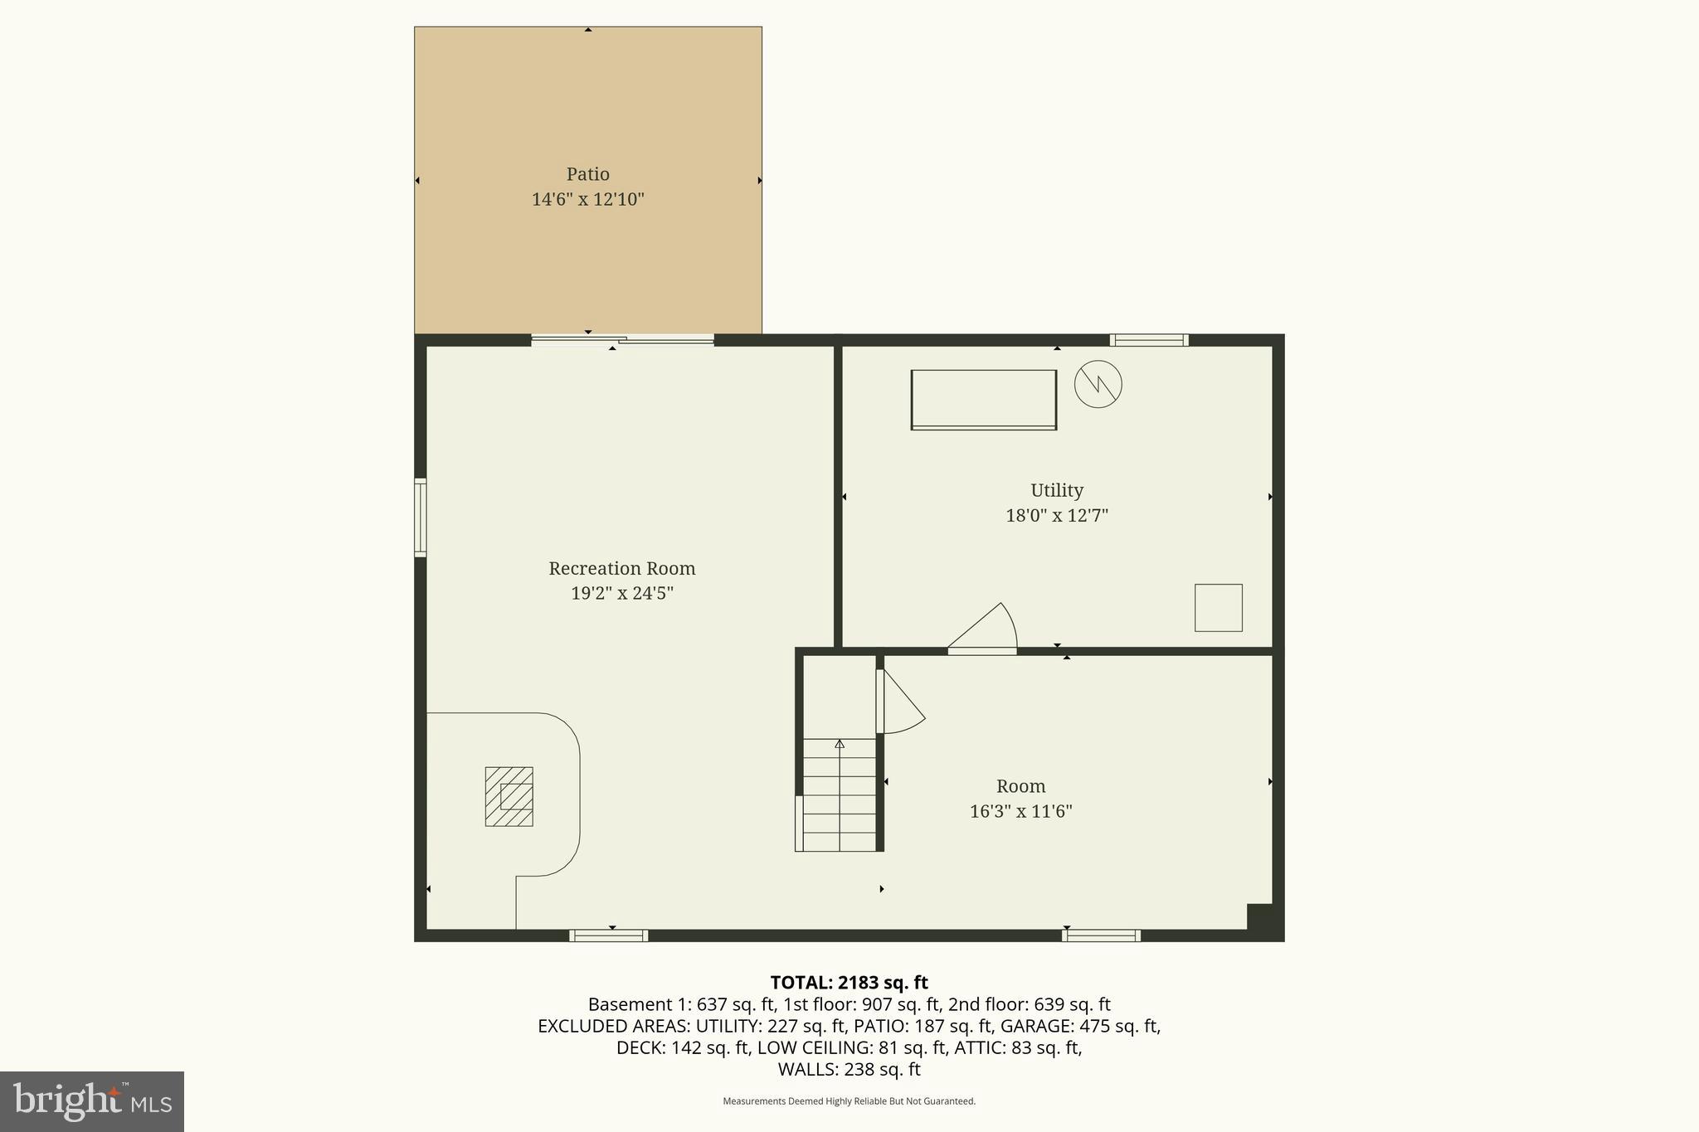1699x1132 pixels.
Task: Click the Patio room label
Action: click(x=587, y=174)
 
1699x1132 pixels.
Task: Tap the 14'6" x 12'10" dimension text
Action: click(x=587, y=199)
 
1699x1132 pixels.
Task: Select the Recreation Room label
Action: click(x=621, y=568)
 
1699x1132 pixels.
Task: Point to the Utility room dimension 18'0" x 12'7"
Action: click(x=1056, y=515)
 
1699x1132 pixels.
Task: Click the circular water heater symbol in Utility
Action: click(x=1098, y=384)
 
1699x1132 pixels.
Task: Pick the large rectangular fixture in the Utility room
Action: click(x=983, y=400)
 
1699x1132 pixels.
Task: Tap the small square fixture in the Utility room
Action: click(x=1218, y=608)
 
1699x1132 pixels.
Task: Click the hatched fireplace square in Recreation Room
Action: click(x=509, y=796)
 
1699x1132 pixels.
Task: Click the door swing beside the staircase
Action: click(x=900, y=703)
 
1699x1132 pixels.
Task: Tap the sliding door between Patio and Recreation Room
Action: click(x=622, y=339)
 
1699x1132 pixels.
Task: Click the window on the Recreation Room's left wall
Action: click(x=420, y=517)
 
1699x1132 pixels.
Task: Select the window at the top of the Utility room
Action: click(x=1148, y=340)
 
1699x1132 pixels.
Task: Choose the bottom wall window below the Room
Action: click(x=1101, y=935)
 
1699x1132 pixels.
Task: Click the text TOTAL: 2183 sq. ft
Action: click(x=849, y=983)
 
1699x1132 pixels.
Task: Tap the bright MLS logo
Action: click(x=92, y=1101)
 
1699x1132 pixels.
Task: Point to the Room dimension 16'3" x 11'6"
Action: click(x=1020, y=811)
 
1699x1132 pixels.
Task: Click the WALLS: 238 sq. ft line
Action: click(x=849, y=1069)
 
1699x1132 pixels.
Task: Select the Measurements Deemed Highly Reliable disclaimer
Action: click(x=849, y=1101)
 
